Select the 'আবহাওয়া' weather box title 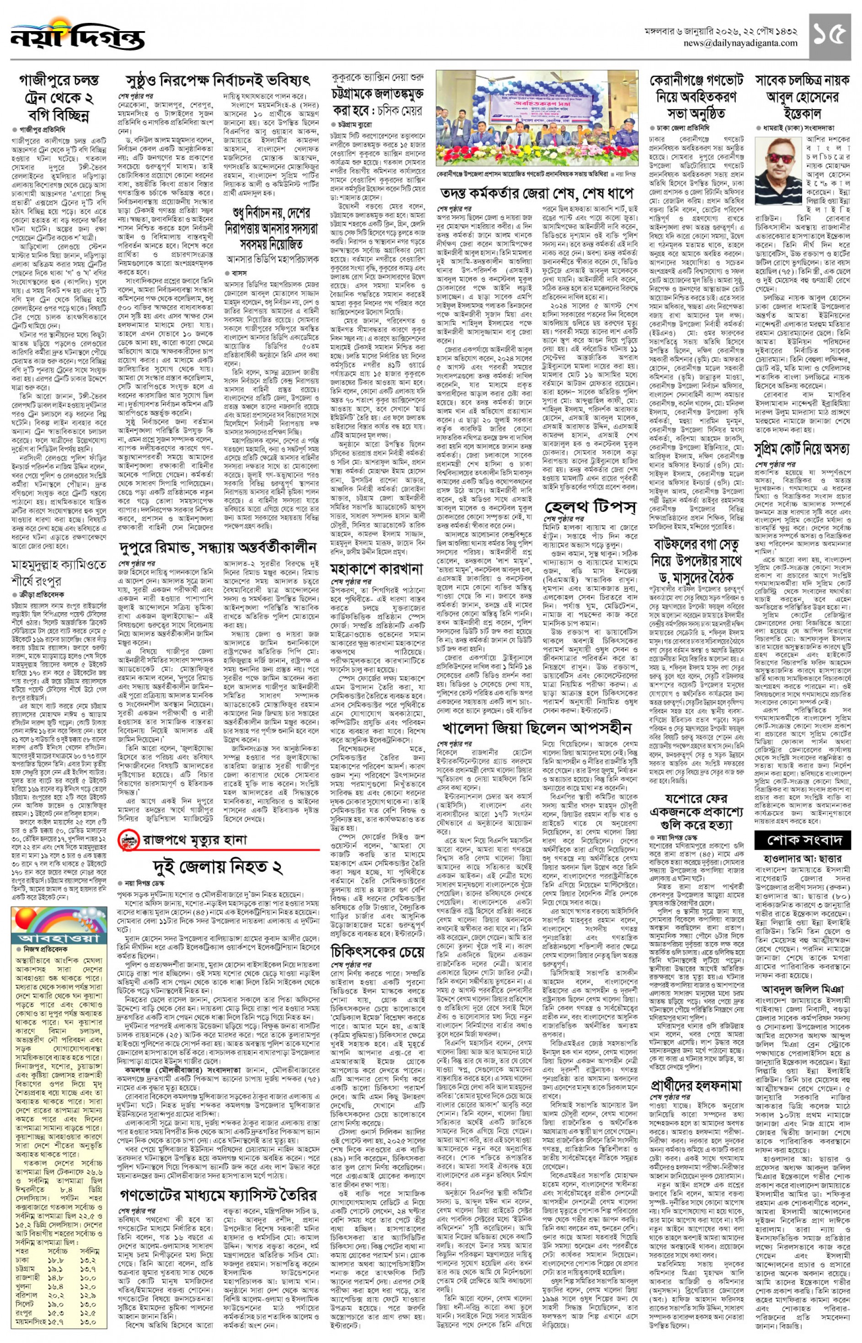pos(59,938)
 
